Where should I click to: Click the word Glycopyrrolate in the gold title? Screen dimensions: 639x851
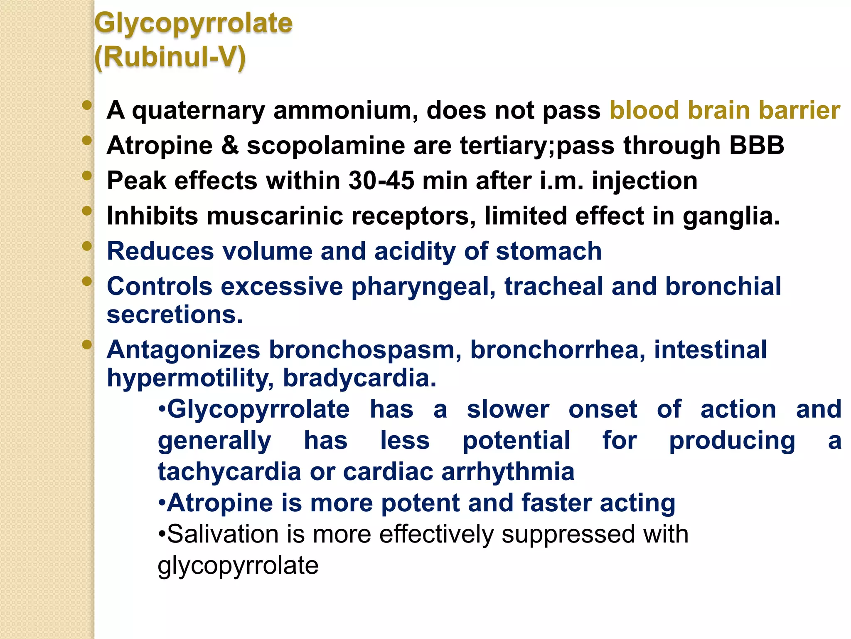pos(193,23)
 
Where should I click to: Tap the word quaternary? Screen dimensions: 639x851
pos(198,111)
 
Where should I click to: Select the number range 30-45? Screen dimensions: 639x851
pos(381,181)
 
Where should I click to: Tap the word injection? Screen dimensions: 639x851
pos(644,181)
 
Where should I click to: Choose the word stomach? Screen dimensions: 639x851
pos(548,252)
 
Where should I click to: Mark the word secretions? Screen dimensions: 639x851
pos(175,315)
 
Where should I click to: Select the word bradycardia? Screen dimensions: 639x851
pos(359,378)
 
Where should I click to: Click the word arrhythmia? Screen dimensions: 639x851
pos(508,472)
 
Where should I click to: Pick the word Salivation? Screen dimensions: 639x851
pos(222,534)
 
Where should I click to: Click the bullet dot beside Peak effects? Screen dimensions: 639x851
pos(87,176)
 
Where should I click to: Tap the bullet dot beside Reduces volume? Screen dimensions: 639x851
pos(87,246)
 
